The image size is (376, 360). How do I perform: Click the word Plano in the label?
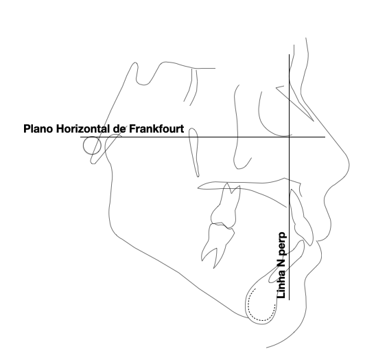click(x=38, y=128)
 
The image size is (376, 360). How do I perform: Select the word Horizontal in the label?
click(x=83, y=128)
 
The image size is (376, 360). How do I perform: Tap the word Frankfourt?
click(x=156, y=128)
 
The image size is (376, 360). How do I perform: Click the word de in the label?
click(x=119, y=128)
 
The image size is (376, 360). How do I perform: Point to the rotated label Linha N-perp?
click(x=281, y=265)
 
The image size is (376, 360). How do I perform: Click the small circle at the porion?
click(x=84, y=146)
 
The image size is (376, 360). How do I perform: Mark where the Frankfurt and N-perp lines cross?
click(x=289, y=137)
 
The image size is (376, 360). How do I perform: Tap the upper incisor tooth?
click(x=302, y=218)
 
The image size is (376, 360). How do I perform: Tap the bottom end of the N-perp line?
click(x=289, y=300)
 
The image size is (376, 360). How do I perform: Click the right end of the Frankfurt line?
click(x=325, y=137)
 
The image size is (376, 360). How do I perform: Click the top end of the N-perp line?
click(x=289, y=54)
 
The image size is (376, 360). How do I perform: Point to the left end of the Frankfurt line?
click(x=80, y=137)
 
